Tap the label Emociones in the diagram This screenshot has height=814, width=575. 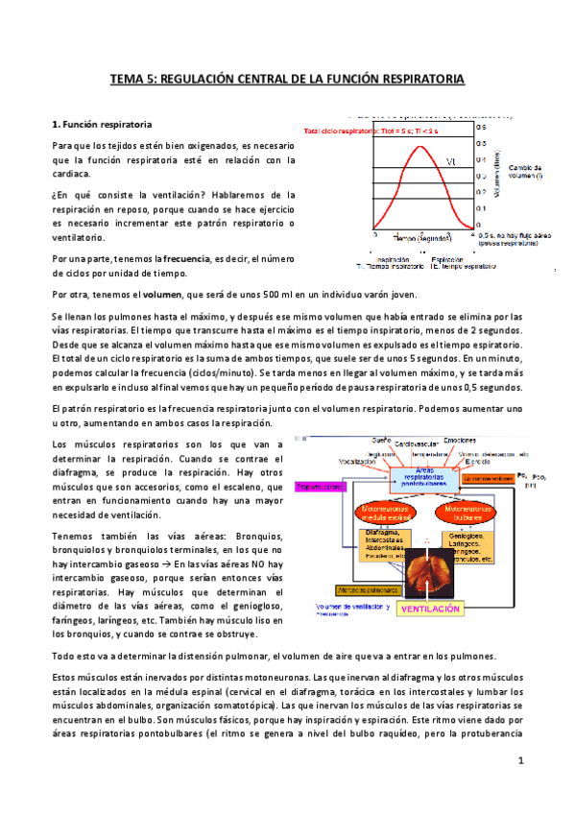click(x=472, y=442)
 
